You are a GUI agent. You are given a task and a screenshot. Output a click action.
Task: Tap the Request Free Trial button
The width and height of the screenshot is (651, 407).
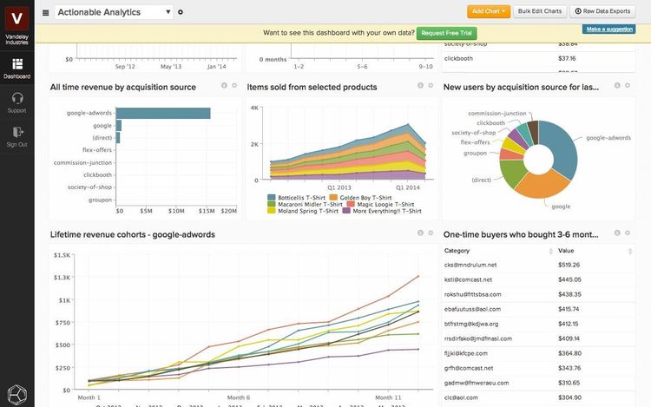446,33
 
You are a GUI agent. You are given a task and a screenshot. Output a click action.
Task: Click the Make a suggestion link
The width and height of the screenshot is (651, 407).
608,30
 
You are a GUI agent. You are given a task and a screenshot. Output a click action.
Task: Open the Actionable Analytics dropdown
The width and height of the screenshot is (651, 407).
114,11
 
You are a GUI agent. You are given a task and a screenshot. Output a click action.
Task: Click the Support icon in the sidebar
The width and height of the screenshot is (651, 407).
16,100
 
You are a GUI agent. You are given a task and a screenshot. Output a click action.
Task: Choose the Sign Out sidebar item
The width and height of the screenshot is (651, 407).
16,135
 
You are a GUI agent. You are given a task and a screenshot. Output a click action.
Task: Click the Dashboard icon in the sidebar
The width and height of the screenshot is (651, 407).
16,66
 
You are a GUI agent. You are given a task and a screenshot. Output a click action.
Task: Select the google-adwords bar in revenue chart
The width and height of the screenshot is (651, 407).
163,113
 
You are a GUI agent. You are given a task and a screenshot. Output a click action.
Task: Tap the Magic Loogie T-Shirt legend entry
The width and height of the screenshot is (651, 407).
378,204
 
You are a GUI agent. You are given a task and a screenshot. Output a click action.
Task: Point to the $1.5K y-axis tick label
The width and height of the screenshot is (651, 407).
62,255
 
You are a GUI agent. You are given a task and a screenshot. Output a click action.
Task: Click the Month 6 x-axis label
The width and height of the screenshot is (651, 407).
235,397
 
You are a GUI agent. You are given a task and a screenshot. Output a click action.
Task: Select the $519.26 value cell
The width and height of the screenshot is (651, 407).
569,265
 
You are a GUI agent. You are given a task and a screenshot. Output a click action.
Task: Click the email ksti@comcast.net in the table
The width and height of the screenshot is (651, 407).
468,279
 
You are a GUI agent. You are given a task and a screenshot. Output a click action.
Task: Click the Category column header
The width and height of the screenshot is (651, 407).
457,250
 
